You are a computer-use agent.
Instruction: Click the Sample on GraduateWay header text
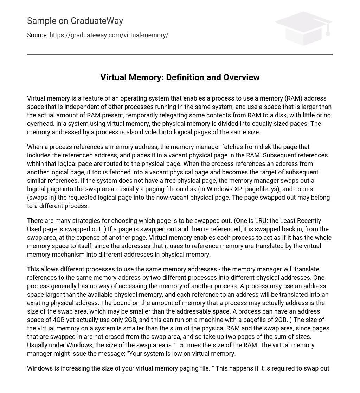75,21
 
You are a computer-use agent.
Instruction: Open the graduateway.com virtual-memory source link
109,35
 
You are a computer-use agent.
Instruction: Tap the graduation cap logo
303,28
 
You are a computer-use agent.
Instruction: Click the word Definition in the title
183,78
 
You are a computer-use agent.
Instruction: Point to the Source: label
37,35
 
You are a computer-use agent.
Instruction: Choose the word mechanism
66,255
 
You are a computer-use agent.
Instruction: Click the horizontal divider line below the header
180,54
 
